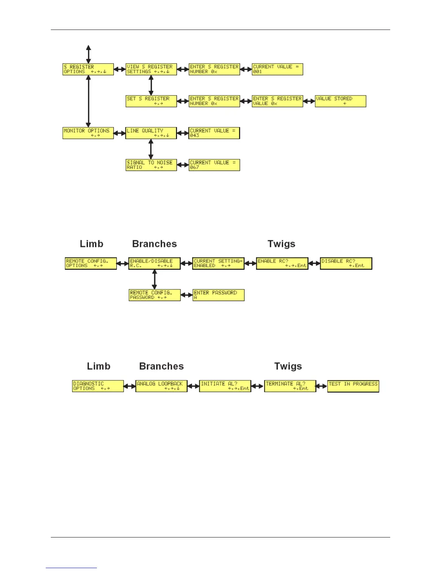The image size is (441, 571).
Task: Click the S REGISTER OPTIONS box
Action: coord(88,69)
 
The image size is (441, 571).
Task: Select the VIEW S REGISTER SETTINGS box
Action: coord(151,69)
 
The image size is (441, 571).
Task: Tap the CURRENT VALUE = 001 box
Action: coord(277,69)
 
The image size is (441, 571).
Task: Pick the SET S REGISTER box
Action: coord(151,101)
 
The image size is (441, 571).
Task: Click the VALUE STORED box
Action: coord(340,101)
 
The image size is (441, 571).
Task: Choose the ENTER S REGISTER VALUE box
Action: coord(277,101)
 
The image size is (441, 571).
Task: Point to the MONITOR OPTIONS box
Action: coord(88,133)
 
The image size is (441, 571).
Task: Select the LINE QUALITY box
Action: coord(151,133)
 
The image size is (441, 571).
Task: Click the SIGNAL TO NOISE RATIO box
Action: coord(151,165)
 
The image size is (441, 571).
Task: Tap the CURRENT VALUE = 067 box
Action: coord(214,165)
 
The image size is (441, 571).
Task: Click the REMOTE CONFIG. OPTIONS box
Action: coord(90,263)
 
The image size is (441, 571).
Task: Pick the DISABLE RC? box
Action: coord(346,263)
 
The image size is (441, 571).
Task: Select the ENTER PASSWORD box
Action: coord(218,295)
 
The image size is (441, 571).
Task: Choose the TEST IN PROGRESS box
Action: coord(353,386)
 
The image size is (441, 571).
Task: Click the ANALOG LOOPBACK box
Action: coord(161,386)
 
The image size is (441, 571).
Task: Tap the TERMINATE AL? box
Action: coord(290,386)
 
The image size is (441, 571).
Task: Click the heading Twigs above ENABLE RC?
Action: coord(281,244)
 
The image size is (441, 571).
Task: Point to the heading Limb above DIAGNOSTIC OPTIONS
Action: coord(98,366)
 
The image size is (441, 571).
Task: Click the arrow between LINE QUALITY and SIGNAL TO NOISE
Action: coord(151,149)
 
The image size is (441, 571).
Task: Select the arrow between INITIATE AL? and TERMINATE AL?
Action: coord(257,386)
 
